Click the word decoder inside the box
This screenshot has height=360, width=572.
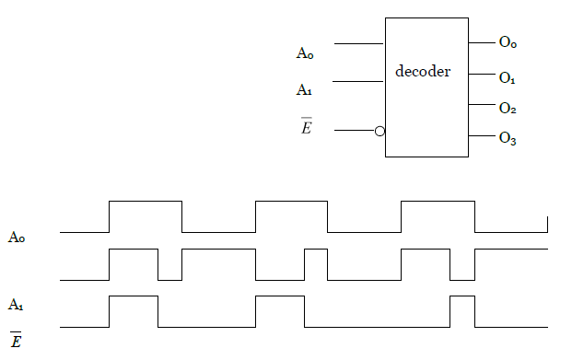coord(423,71)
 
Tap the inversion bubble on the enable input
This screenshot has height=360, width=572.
coord(379,132)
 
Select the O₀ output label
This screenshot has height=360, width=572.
coord(508,42)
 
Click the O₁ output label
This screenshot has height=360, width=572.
coord(508,78)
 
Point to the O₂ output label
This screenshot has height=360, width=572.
coord(508,109)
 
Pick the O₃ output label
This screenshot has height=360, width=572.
coord(508,139)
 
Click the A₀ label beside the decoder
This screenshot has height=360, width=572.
coord(305,53)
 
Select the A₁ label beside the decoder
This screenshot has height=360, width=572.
coord(305,90)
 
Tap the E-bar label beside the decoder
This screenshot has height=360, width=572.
coord(307,127)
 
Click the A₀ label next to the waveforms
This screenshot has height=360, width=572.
coord(17,238)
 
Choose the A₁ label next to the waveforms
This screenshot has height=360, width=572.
coord(17,303)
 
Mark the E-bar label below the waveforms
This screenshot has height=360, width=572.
coord(17,341)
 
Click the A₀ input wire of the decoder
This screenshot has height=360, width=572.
coord(358,43)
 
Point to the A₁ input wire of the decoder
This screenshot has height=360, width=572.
coord(358,81)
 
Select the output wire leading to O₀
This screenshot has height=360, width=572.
coord(482,42)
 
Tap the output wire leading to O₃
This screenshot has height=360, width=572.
coord(482,137)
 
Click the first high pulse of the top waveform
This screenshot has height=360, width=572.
coord(146,201)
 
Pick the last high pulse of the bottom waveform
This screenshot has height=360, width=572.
coord(462,296)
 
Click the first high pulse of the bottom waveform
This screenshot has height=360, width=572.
coord(134,296)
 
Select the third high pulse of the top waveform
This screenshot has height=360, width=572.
coord(438,201)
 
